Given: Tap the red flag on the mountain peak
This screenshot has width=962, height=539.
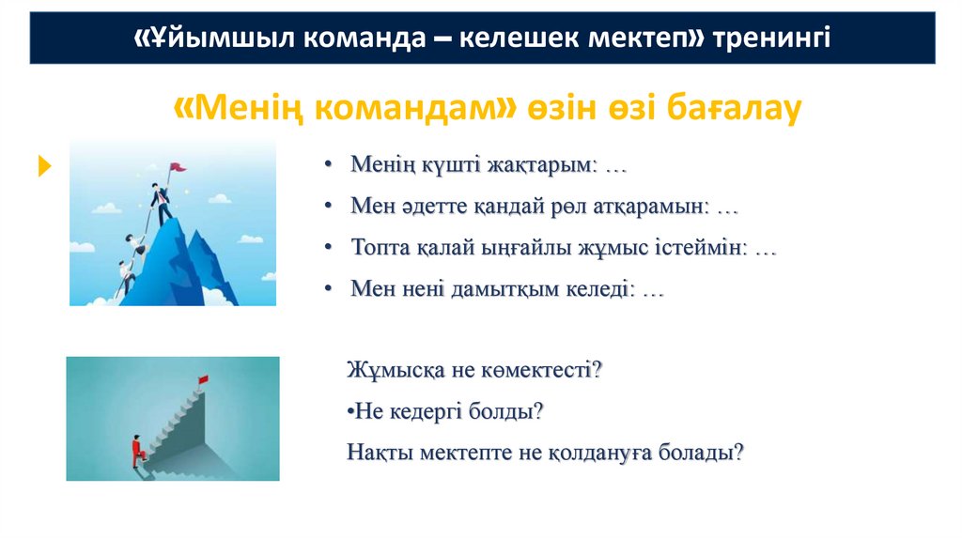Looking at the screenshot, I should tap(178, 168).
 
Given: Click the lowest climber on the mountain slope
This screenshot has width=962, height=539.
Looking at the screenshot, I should tap(124, 277).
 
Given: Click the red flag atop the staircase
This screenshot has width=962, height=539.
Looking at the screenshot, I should tap(201, 379).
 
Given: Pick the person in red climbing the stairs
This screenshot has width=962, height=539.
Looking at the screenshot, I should tap(137, 449).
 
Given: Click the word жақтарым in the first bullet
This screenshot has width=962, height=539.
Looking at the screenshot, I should tap(536, 165).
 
